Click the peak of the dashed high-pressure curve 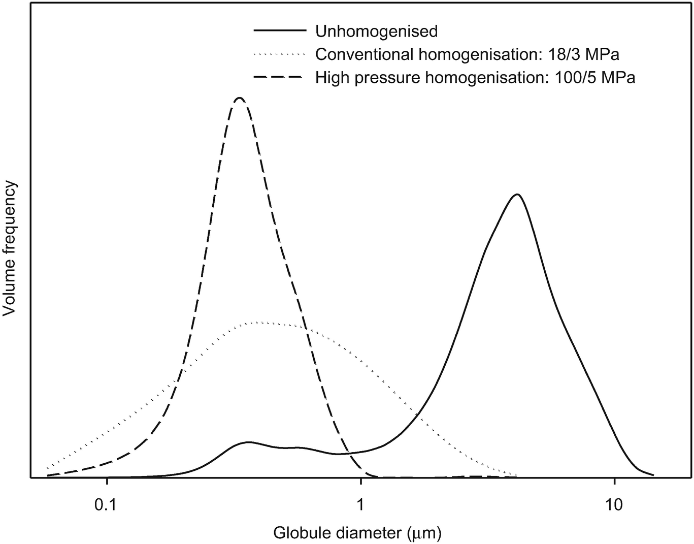point(240,98)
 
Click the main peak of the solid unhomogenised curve point(517,195)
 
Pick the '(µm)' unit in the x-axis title point(424,533)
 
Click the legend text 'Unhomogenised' point(376,31)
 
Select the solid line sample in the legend point(280,31)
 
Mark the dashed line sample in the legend point(280,77)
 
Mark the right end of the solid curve point(653,475)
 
